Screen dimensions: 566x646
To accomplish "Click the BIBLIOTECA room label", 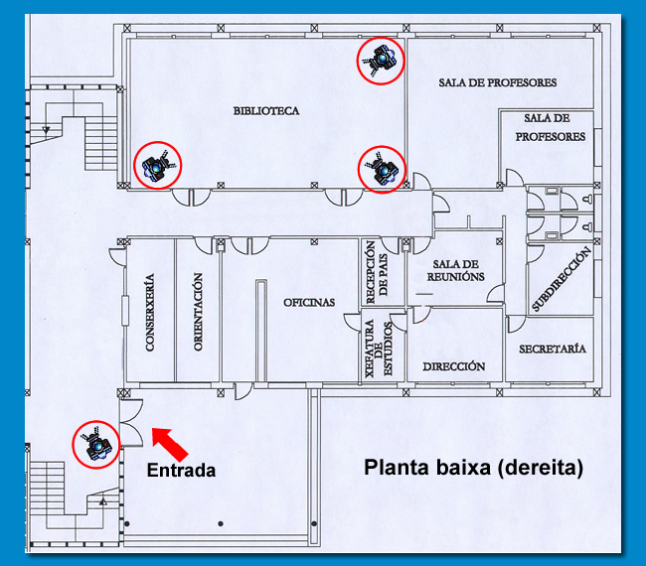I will click(265, 110).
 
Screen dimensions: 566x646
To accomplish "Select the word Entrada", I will click(181, 470).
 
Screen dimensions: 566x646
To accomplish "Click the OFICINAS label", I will click(309, 302).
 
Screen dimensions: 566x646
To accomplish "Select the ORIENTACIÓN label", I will click(199, 311).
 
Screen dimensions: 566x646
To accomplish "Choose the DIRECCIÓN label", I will click(453, 366).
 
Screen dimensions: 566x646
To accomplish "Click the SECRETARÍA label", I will click(552, 349).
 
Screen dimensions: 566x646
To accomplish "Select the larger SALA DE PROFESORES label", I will click(497, 82).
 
